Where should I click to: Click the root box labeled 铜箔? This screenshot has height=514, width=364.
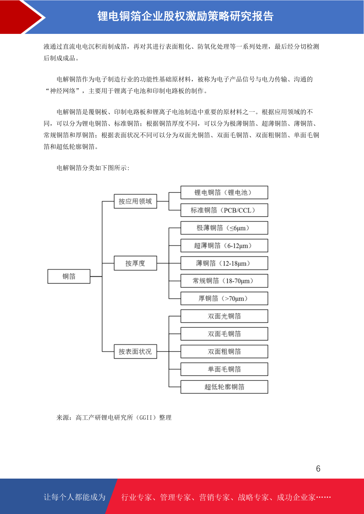point(69,276)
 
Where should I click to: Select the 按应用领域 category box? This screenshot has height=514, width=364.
point(135,201)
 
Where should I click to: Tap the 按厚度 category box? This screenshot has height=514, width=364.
point(135,263)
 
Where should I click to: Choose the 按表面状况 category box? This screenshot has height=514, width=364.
point(135,351)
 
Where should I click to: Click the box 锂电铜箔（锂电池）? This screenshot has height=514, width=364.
point(224,192)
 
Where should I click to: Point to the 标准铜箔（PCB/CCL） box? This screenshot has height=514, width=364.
point(224,210)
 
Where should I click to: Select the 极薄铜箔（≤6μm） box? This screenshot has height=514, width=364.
point(224,228)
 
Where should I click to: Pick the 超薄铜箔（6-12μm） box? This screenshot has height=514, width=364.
point(224,245)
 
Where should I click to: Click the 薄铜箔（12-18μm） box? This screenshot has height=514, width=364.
point(224,263)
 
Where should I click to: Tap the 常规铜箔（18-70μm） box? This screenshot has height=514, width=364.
point(224,281)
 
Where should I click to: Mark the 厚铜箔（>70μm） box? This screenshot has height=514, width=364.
point(224,298)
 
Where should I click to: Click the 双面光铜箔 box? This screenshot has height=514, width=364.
point(224,316)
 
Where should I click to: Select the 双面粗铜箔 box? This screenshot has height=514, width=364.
point(224,351)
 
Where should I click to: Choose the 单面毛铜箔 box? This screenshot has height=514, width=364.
point(224,369)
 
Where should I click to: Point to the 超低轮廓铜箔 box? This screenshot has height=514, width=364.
point(224,387)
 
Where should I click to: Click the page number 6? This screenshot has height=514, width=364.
point(318,469)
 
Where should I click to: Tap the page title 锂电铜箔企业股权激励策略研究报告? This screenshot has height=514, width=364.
point(185,16)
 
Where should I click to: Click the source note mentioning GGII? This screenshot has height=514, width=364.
point(114,417)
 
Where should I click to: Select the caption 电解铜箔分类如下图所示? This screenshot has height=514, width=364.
point(93,168)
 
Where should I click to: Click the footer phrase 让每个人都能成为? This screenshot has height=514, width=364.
point(75,497)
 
